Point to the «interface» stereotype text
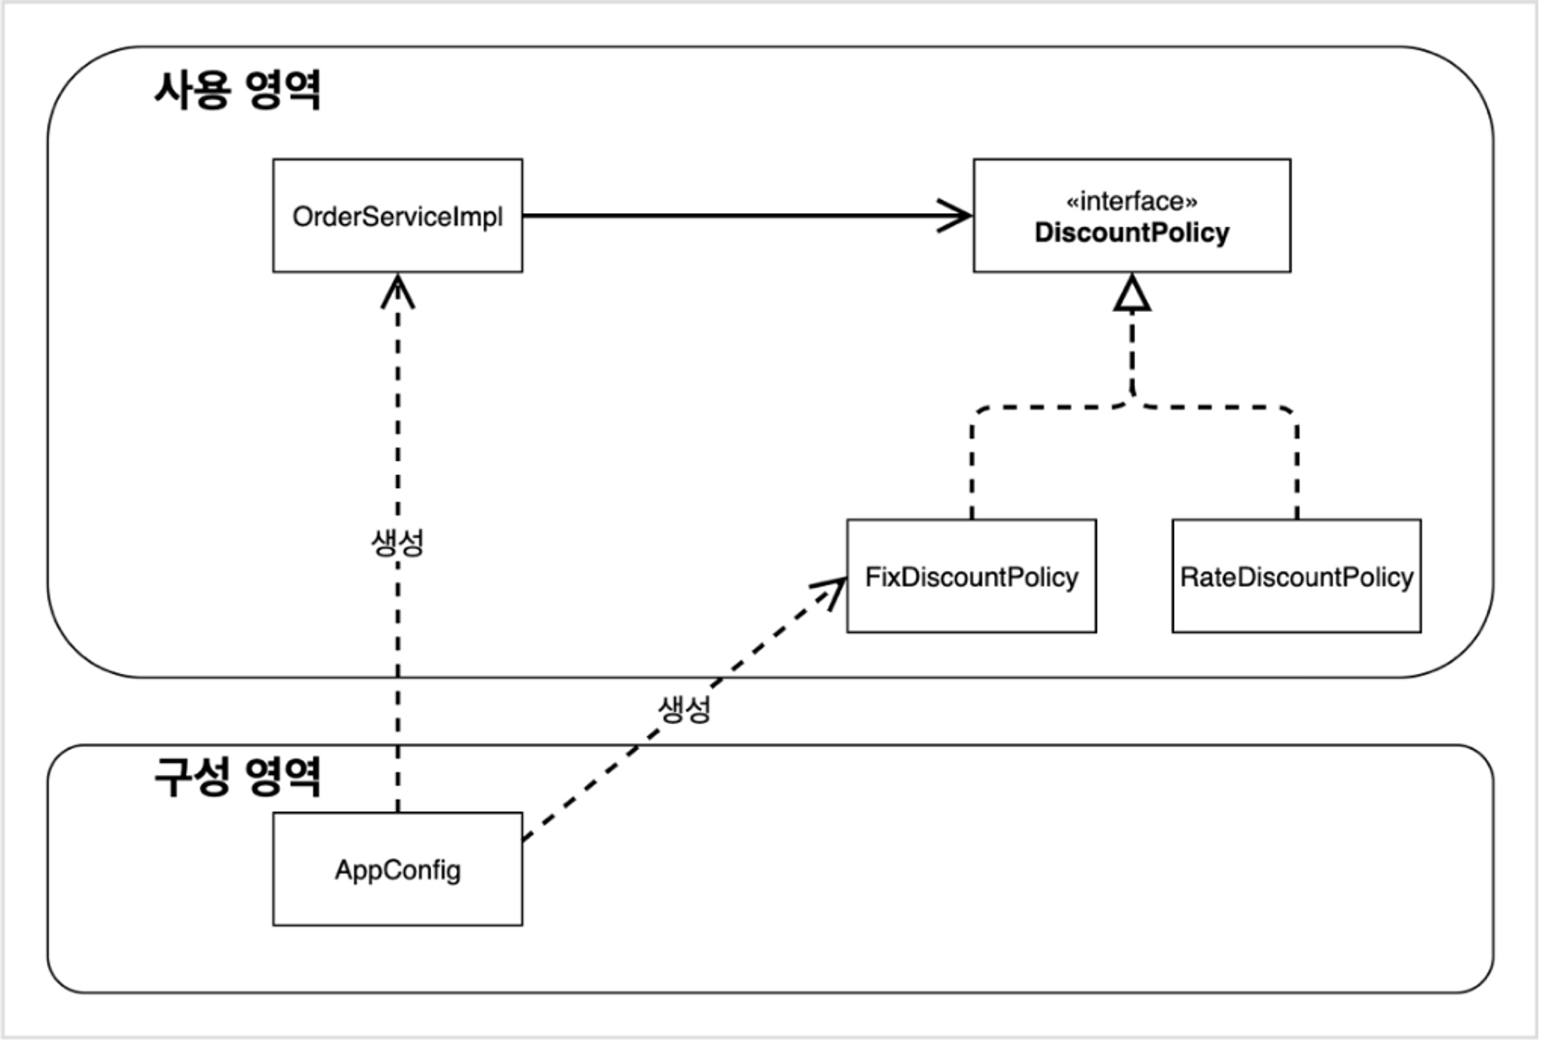(1131, 201)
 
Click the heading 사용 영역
(237, 90)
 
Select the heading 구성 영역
(237, 776)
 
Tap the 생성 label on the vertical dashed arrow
(398, 542)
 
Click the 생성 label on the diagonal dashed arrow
(685, 709)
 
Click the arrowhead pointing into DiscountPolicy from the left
(955, 215)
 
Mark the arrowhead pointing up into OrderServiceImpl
(398, 291)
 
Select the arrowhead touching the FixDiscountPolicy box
(832, 590)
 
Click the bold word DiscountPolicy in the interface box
(1131, 233)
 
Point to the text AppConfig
(398, 870)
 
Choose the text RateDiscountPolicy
(1296, 577)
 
